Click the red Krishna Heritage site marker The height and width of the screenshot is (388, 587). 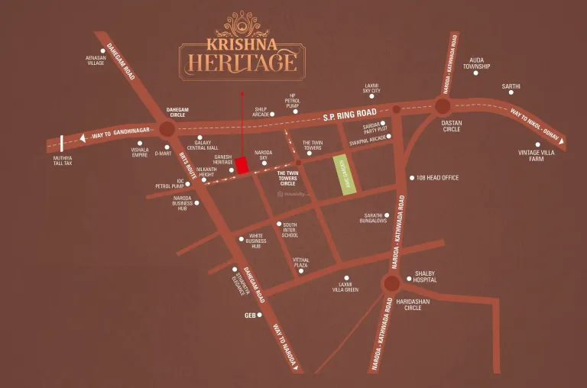click(242, 166)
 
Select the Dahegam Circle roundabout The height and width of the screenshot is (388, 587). click(166, 129)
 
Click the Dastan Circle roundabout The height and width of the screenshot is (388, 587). click(442, 106)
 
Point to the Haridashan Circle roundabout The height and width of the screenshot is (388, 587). click(391, 284)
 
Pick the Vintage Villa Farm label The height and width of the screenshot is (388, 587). click(537, 156)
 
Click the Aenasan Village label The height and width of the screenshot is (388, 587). click(96, 60)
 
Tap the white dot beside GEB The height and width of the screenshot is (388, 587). click(260, 315)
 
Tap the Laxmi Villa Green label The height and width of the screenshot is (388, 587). click(345, 287)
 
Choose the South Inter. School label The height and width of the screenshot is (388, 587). click(290, 231)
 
